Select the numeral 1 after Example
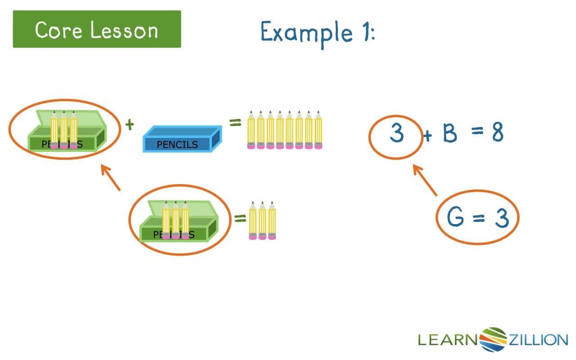click(x=365, y=32)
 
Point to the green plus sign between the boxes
click(x=130, y=125)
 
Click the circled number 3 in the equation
click(x=396, y=134)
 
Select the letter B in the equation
click(x=450, y=134)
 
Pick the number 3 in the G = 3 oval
click(x=501, y=218)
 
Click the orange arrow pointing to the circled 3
click(x=425, y=180)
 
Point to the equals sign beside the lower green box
click(x=240, y=219)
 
